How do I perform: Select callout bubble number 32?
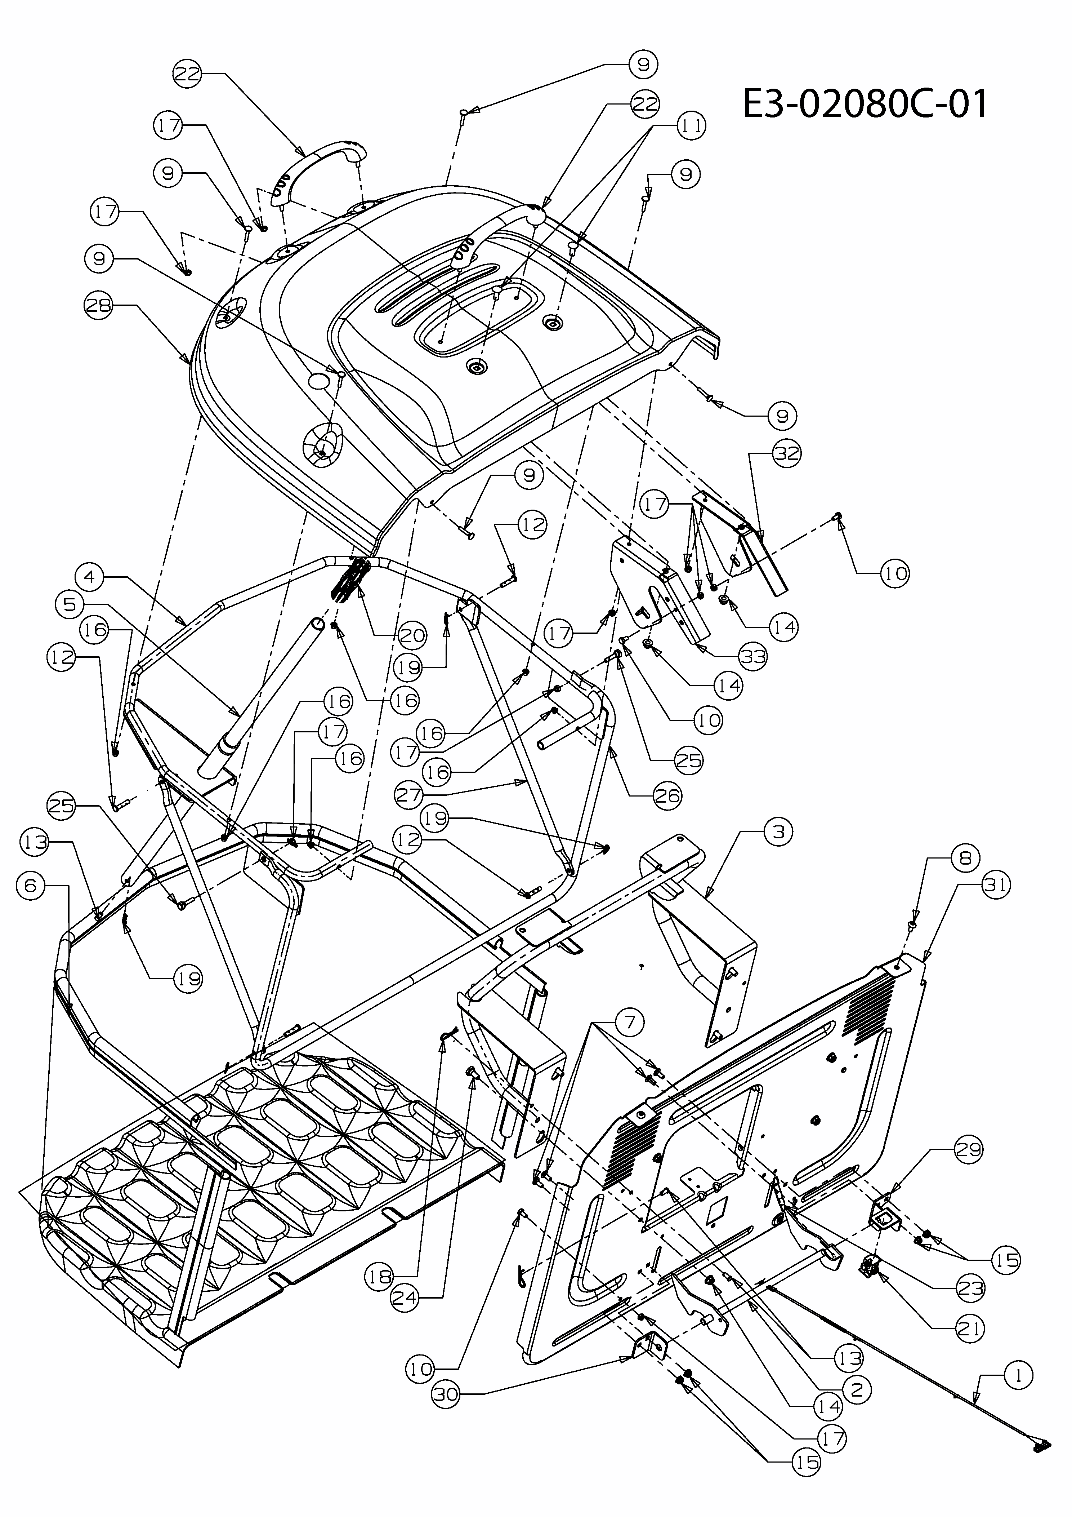[786, 453]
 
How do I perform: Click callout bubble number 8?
[966, 858]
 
